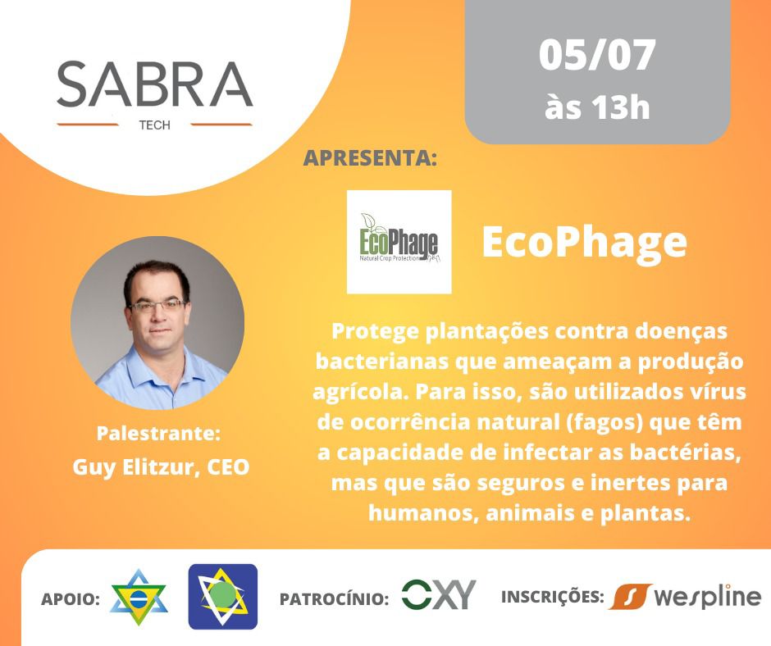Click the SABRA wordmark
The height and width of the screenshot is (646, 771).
[x=155, y=84]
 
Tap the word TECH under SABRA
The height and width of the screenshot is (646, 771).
[x=154, y=125]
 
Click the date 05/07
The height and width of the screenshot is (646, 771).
[x=597, y=55]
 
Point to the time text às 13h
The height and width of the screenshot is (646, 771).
[x=597, y=107]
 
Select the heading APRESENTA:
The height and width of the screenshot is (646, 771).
[x=370, y=158]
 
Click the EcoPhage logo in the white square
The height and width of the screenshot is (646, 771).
[x=399, y=242]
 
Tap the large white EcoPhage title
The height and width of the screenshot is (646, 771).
[x=584, y=242]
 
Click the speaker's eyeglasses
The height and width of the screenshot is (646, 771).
[x=157, y=305]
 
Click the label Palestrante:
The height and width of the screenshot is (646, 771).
[x=158, y=433]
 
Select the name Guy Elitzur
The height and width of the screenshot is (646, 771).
[x=135, y=467]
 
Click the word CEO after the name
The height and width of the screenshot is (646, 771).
[x=228, y=467]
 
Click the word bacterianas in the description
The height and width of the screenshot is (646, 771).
[x=381, y=362]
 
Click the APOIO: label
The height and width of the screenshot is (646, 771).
[x=71, y=598]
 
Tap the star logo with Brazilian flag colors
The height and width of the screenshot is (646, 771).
[x=139, y=598]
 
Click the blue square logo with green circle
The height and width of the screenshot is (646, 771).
[x=223, y=596]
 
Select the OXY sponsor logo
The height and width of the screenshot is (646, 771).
[x=439, y=594]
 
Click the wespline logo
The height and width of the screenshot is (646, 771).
[x=686, y=596]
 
